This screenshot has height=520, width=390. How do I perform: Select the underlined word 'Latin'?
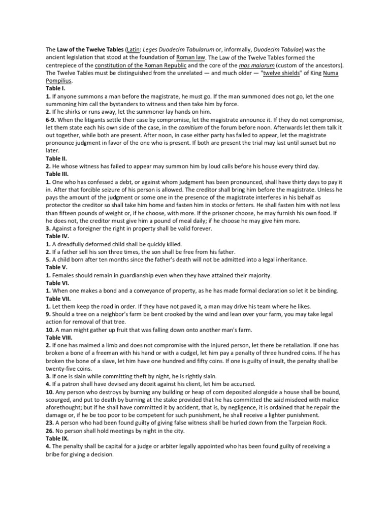coord(133,50)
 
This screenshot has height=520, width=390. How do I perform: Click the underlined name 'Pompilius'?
coord(59,81)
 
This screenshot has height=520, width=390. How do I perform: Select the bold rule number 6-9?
coord(52,119)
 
